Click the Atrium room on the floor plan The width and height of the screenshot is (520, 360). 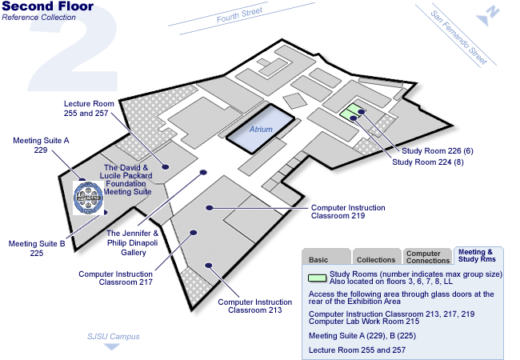pyautogui.click(x=261, y=128)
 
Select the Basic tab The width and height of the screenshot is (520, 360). pyautogui.click(x=319, y=259)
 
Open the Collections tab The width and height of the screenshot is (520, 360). pyautogui.click(x=376, y=259)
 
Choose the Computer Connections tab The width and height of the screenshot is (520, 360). pyautogui.click(x=428, y=257)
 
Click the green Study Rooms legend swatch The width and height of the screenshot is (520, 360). pyautogui.click(x=317, y=278)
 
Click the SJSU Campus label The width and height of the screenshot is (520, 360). pyautogui.click(x=113, y=336)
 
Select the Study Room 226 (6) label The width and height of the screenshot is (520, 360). pyautogui.click(x=439, y=150)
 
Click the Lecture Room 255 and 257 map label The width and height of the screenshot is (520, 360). pyautogui.click(x=90, y=109)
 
